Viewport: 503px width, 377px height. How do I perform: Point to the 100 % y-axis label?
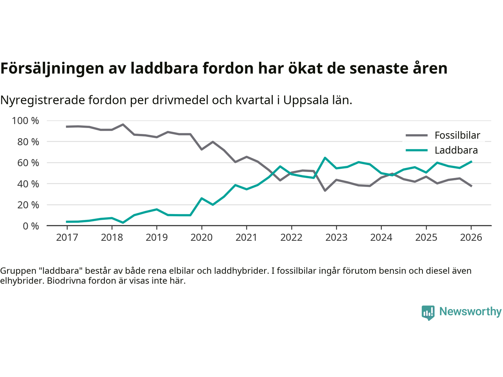[x=26, y=121]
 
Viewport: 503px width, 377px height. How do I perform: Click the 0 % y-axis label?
[x=31, y=226]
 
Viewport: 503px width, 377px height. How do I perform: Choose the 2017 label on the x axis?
[x=67, y=238]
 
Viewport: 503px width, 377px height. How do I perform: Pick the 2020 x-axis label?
[x=202, y=238]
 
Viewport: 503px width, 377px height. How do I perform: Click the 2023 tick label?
[x=336, y=238]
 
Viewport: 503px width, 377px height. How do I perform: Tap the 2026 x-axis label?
[x=471, y=238]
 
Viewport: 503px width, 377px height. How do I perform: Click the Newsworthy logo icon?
[x=428, y=313]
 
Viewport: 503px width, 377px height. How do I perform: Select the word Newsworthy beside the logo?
[x=470, y=311]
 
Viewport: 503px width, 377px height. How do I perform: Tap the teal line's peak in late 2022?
[x=325, y=158]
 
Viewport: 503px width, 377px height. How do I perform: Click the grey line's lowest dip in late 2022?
[x=325, y=190]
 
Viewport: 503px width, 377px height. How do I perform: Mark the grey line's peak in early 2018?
[x=123, y=124]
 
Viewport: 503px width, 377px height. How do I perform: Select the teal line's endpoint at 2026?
[x=471, y=161]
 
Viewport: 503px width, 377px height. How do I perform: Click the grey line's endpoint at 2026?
[x=471, y=186]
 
